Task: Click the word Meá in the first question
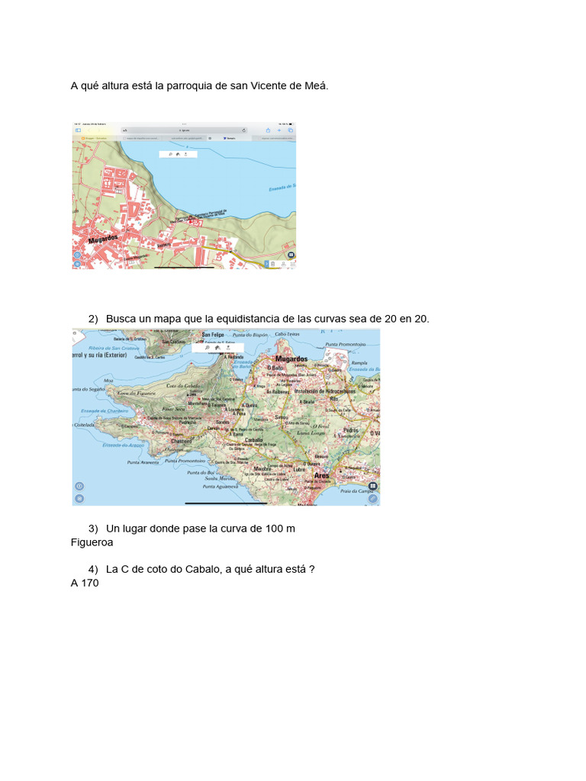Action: click(317, 85)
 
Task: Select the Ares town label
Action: click(321, 475)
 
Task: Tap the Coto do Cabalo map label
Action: click(182, 386)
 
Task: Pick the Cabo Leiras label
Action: click(287, 334)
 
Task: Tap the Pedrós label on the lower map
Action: click(351, 429)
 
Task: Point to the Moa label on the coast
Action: click(108, 380)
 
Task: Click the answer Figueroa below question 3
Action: click(92, 542)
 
